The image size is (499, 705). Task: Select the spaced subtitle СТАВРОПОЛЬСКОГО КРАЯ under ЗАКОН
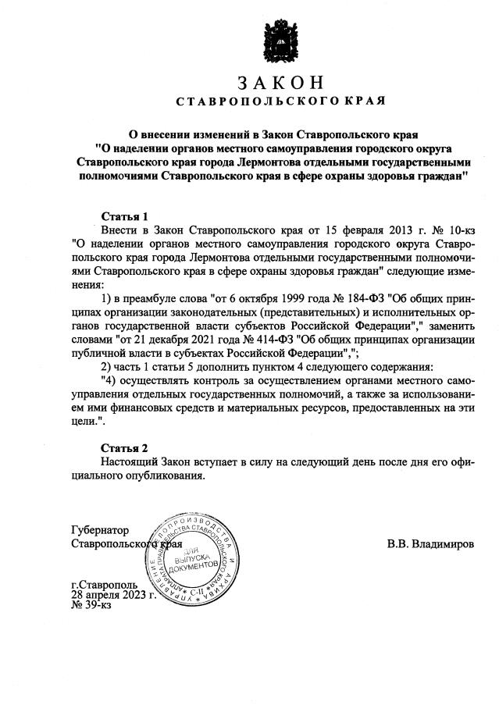click(x=280, y=101)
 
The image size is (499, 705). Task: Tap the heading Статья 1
click(x=125, y=215)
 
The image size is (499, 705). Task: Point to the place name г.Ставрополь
click(x=104, y=584)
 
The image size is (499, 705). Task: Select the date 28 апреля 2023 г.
click(x=113, y=594)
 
